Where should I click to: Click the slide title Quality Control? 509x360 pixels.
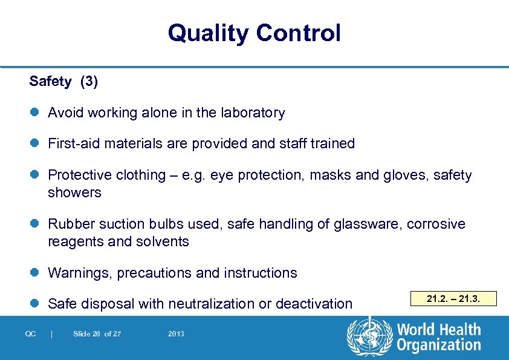click(x=254, y=33)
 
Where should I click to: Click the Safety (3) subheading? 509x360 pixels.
click(x=63, y=82)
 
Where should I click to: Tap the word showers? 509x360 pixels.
click(x=74, y=193)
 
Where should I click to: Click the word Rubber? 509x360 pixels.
click(x=68, y=224)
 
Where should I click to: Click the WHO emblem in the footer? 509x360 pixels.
click(x=369, y=337)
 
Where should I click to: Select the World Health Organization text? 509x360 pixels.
click(x=438, y=337)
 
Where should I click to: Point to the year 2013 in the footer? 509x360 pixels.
click(x=177, y=334)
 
